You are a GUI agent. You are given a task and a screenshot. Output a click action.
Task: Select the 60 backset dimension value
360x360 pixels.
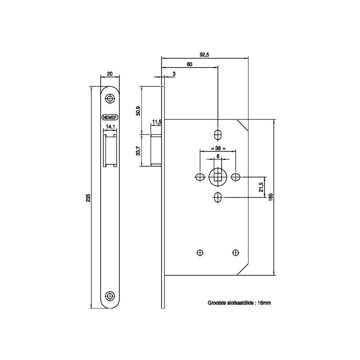(189, 64)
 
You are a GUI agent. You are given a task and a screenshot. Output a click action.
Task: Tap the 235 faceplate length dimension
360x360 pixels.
(88, 197)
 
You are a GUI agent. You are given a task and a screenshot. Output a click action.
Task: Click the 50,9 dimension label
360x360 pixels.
(138, 111)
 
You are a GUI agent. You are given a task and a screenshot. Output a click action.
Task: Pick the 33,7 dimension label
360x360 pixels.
(138, 151)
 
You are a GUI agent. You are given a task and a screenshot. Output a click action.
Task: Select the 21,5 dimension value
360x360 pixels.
(260, 187)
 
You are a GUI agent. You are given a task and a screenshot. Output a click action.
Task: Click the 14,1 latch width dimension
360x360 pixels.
(110, 127)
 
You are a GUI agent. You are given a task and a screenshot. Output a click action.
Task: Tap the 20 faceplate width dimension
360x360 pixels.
(110, 74)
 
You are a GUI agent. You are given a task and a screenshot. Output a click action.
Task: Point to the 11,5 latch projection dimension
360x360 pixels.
(157, 121)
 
